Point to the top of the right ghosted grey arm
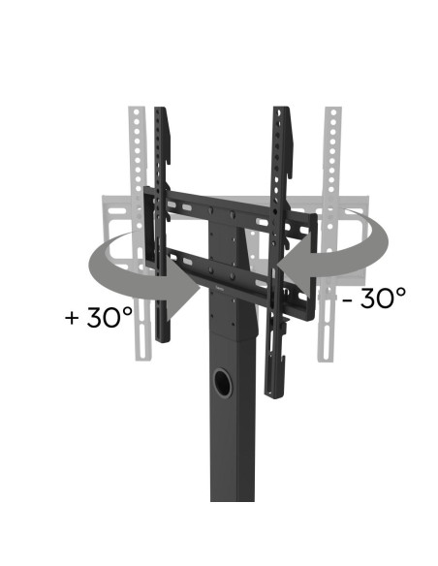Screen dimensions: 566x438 pos(332,110)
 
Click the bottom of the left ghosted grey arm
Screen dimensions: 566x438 pos(141,357)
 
